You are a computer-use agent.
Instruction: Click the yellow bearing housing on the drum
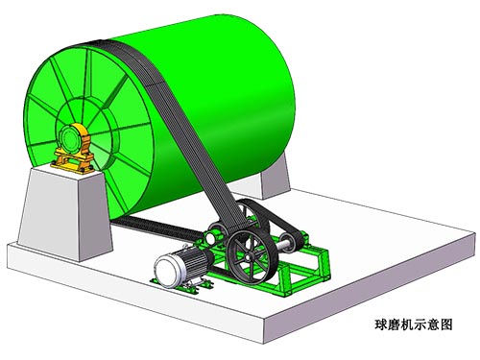click(73, 151)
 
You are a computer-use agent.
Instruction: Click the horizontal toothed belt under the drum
click(154, 228)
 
